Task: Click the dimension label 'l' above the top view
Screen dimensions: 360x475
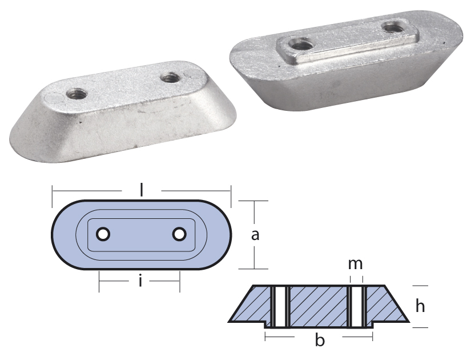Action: (141, 190)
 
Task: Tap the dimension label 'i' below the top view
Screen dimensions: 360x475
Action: (140, 281)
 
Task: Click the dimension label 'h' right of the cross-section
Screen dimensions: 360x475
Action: (420, 306)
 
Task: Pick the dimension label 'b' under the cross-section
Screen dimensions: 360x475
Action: (320, 341)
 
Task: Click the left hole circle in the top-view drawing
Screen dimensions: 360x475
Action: (103, 234)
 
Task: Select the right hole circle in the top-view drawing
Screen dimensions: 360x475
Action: (179, 234)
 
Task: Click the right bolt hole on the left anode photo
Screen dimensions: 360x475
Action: (168, 77)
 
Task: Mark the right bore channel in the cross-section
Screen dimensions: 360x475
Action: (356, 306)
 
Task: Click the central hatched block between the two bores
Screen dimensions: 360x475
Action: (318, 306)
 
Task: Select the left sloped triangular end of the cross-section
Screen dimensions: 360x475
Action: (251, 306)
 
